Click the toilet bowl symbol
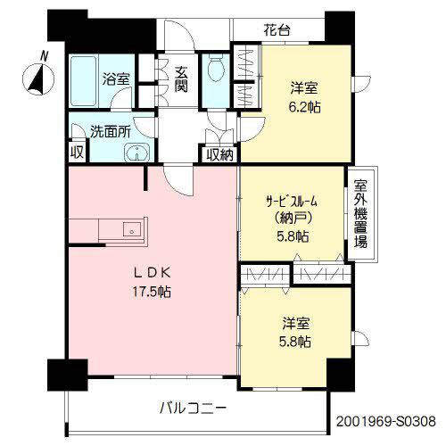(x=216, y=68)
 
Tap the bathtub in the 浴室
(x=84, y=80)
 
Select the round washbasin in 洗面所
(x=136, y=153)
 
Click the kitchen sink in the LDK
(x=131, y=229)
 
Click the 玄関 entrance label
(x=181, y=79)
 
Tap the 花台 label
(x=277, y=30)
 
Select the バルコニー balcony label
(x=194, y=408)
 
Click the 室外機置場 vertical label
(x=360, y=214)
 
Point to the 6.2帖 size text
(x=304, y=107)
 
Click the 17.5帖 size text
(x=152, y=292)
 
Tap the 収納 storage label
(x=219, y=154)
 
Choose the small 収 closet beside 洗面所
(x=77, y=153)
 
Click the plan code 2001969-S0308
(x=386, y=421)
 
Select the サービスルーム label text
(x=292, y=202)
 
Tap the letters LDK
(x=152, y=273)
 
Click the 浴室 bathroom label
(x=116, y=79)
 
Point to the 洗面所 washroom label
(x=111, y=131)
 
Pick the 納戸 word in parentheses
(x=293, y=219)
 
